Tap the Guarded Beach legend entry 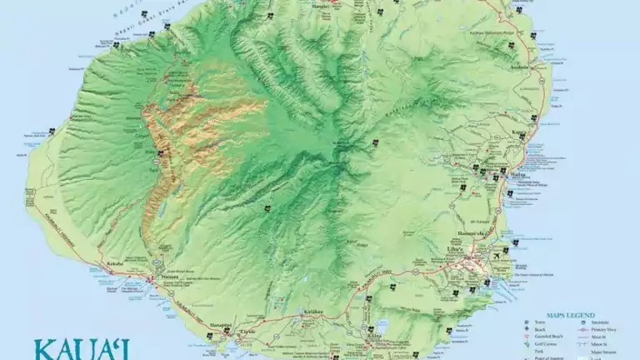point(551,337)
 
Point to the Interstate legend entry point(599,322)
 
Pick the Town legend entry point(542,322)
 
